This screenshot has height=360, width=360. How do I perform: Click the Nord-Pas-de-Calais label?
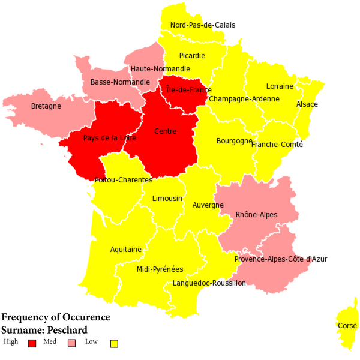pos(203,25)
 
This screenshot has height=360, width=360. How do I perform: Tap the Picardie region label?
pos(192,56)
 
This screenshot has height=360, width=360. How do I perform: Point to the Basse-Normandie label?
pos(120,82)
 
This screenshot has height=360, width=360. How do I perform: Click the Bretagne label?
pos(46,106)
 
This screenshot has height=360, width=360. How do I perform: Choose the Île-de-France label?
pos(188,90)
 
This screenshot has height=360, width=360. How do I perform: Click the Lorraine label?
pos(280,86)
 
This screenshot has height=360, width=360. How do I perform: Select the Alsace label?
pos(307,104)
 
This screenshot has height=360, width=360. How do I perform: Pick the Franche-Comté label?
pos(277,145)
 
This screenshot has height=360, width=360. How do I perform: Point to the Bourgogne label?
pos(233,141)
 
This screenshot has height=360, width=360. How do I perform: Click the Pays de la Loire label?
pos(110,137)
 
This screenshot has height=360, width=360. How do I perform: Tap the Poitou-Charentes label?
pos(123,179)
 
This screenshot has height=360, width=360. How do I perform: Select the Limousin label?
pos(167,199)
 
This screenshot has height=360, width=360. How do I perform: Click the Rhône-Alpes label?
pos(256,214)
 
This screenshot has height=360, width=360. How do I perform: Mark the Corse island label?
pos(347,326)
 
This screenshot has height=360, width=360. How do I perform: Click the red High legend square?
pos(32,343)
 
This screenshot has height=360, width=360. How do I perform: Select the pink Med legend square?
pos(72,343)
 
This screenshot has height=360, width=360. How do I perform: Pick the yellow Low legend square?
pos(113,343)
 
